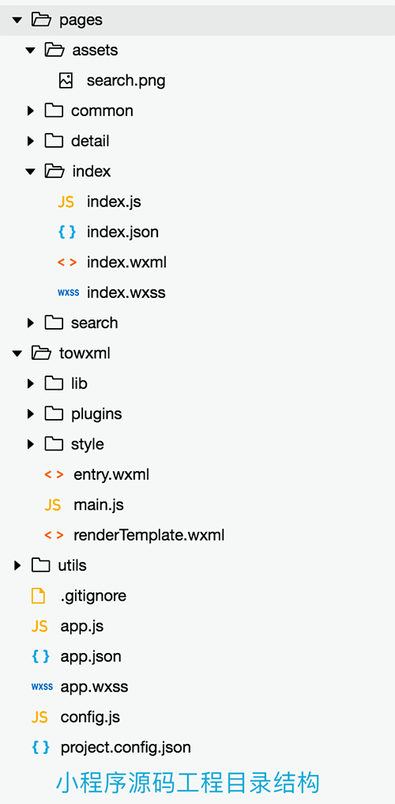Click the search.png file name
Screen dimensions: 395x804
[126, 81]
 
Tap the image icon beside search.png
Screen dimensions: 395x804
[66, 81]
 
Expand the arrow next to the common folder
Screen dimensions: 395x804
[31, 111]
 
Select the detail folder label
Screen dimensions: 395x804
[90, 141]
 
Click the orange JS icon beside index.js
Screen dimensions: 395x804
[66, 202]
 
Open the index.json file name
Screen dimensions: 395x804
[122, 232]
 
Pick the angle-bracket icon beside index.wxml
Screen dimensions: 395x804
[66, 262]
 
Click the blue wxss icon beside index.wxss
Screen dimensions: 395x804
[68, 293]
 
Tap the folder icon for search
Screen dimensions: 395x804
[54, 323]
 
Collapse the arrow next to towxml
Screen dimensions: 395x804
[18, 353]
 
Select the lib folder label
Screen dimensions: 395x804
[79, 383]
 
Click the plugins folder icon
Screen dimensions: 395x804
[54, 413]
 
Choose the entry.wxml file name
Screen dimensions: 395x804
[111, 475]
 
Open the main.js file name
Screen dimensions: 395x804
[99, 505]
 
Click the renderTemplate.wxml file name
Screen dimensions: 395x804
[149, 535]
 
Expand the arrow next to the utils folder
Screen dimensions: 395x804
[18, 565]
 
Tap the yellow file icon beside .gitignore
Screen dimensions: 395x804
[39, 596]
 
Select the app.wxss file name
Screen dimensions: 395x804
[94, 686]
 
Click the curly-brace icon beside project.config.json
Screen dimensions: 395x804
[40, 747]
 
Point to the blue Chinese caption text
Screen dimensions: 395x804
[187, 783]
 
